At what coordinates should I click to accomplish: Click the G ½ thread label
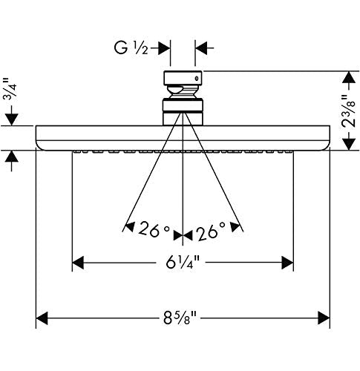coord(131,48)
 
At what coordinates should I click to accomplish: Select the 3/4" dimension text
coord(10,88)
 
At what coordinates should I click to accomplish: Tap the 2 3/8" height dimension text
coord(348,111)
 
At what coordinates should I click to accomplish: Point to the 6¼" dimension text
coord(183,262)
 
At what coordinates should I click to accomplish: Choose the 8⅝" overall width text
coord(180,318)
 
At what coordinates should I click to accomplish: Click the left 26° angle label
coord(154,230)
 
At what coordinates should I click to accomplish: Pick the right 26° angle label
coord(211,232)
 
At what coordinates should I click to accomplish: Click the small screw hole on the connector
coord(197,79)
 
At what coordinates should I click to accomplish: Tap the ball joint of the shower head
coord(183,91)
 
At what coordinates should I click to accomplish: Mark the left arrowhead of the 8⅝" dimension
coord(42,318)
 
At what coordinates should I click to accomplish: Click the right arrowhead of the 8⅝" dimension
coord(324,318)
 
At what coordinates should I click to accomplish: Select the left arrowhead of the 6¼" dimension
coord(78,263)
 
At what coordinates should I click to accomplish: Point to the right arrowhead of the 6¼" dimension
coord(287,263)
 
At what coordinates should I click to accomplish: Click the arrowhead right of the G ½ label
coord(164,48)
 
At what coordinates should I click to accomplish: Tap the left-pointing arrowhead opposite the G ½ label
coord(201,48)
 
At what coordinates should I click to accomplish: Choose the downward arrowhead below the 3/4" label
coord(12,119)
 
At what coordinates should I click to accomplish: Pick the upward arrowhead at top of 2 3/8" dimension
coord(348,77)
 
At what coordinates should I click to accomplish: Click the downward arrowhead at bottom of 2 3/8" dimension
coord(348,144)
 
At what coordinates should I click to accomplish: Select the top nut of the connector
coord(183,78)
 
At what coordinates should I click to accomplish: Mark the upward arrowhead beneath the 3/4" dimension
coord(12,157)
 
